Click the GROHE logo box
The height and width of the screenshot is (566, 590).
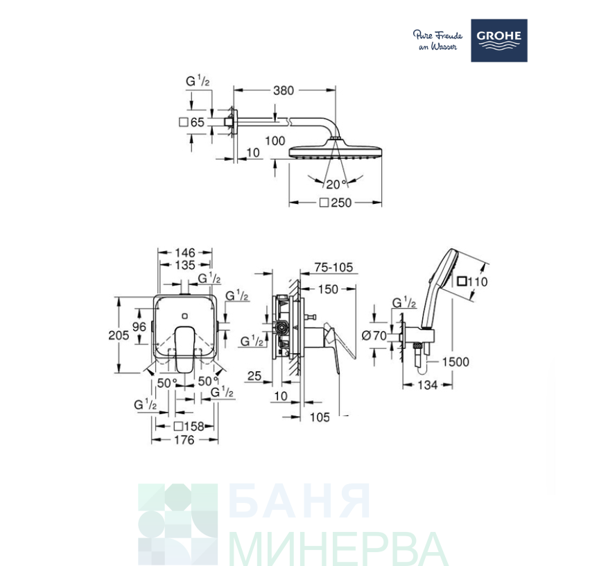[499, 41]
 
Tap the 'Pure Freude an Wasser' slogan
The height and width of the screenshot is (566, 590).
[437, 40]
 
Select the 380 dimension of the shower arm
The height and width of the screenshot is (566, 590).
[284, 91]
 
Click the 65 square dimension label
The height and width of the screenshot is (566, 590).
[192, 122]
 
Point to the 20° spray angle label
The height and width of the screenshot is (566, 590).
[336, 185]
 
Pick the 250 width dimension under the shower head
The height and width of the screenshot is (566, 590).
[336, 203]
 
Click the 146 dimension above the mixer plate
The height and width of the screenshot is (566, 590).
[185, 252]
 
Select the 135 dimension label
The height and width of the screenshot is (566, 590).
[185, 265]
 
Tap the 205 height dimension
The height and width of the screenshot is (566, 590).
[119, 335]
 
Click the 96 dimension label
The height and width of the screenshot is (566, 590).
[139, 326]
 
